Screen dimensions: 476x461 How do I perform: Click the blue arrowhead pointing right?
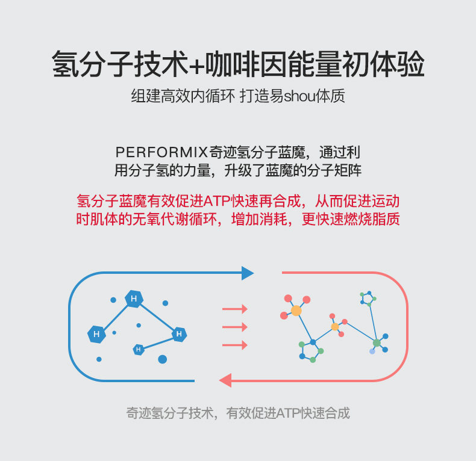[247, 273]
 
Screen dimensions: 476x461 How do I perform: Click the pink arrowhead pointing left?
[225, 380]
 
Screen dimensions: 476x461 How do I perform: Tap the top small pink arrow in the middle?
[235, 309]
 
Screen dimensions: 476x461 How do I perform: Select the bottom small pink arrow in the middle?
[235, 345]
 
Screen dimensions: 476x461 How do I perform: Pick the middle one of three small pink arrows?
[235, 327]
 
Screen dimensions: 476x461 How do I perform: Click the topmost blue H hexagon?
[134, 299]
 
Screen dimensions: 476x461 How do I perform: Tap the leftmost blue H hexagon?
[96, 334]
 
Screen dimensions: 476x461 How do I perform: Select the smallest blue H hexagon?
[138, 349]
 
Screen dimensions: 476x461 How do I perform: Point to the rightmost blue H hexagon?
[179, 334]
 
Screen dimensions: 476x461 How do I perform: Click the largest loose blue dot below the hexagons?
[162, 359]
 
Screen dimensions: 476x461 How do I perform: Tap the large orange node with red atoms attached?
[296, 311]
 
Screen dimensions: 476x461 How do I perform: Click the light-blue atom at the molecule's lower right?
[372, 351]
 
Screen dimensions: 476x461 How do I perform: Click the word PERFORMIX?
[162, 151]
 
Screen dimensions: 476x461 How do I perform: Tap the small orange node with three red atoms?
[335, 326]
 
